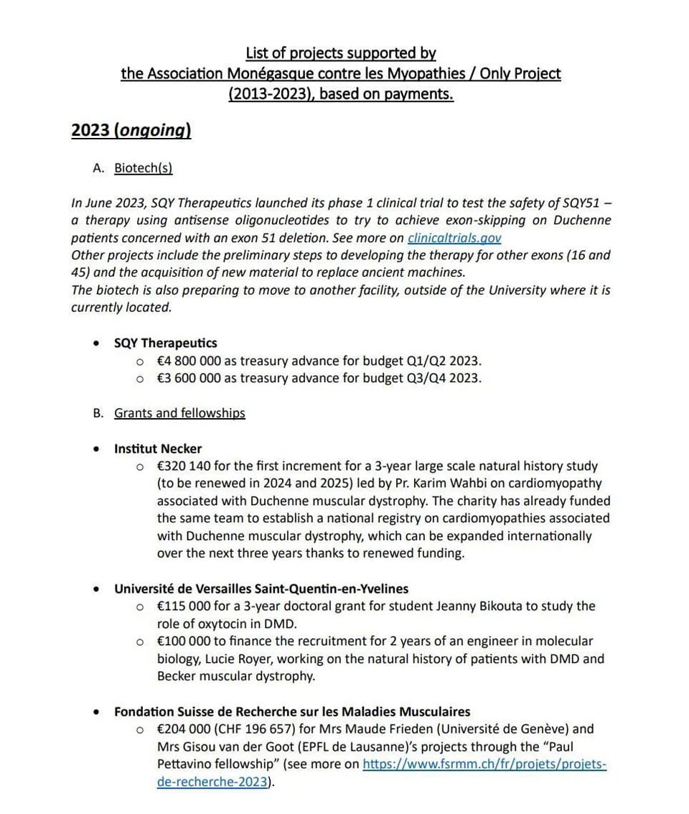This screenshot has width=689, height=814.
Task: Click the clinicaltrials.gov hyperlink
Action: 454,238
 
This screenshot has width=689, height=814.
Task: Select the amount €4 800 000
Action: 189,361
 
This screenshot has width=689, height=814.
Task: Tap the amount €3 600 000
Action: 189,378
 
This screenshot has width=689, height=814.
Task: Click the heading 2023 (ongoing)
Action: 131,130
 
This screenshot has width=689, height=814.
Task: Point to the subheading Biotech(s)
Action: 144,168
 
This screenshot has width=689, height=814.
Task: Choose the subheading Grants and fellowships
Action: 179,413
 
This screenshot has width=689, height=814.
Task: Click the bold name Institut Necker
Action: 158,449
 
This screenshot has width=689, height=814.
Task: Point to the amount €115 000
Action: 184,606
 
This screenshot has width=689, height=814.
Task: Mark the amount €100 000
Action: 184,641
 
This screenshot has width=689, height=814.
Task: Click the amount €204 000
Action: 184,729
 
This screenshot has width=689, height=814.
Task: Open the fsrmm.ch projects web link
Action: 484,764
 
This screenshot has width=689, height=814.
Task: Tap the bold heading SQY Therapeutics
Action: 165,343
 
